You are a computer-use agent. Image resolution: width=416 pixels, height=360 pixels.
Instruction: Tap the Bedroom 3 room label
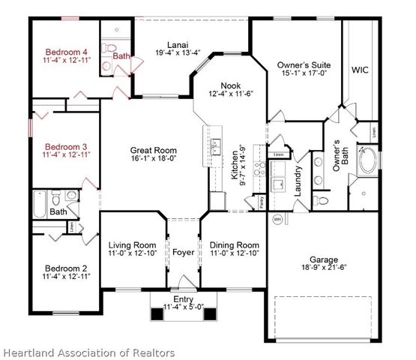coord(67,145)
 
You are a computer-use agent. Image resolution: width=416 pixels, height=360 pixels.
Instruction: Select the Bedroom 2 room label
coord(67,268)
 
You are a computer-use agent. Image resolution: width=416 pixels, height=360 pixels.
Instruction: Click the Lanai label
coord(178,44)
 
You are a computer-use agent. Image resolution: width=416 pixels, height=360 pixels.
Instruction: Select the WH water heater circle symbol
coord(277,219)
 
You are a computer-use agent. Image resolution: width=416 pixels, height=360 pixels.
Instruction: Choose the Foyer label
coord(183,253)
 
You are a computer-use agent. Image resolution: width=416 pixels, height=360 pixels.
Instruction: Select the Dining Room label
coord(233,245)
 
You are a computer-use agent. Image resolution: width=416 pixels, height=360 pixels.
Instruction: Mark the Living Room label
coord(132,245)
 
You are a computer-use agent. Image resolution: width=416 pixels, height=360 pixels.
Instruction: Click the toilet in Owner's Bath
coord(373,132)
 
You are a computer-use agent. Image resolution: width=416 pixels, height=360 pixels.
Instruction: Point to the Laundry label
coord(298,180)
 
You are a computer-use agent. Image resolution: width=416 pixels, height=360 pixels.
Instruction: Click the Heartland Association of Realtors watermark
coord(88,352)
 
